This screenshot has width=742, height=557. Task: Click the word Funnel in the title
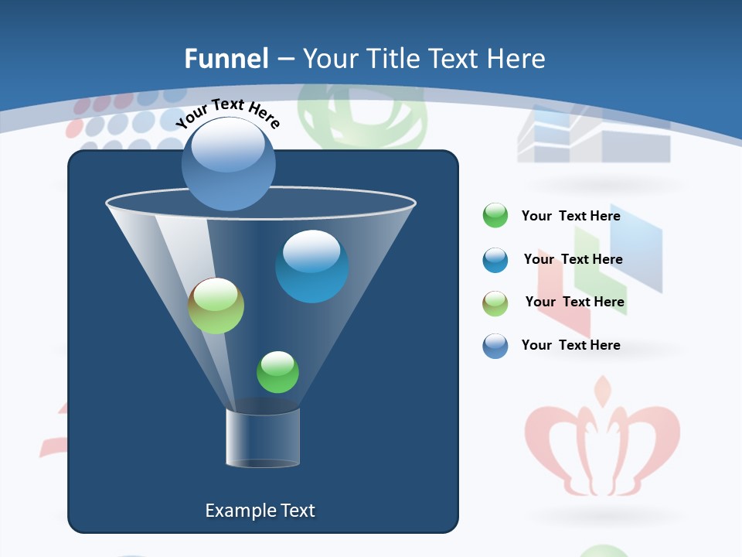tap(226, 59)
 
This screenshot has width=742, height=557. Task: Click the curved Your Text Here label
tap(227, 113)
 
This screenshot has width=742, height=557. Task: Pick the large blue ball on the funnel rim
tap(229, 164)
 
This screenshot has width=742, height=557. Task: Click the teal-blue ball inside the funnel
tap(311, 266)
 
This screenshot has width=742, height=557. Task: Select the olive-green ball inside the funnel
tap(216, 306)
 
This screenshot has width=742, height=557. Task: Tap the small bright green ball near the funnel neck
tap(277, 371)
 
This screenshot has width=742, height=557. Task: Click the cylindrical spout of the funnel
tap(263, 439)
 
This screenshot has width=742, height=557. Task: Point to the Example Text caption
tap(260, 511)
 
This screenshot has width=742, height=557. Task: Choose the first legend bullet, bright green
tap(495, 216)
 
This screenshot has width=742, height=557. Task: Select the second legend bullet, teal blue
tap(495, 260)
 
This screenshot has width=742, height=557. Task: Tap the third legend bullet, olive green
tap(495, 303)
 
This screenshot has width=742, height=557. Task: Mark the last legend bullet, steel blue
tap(495, 346)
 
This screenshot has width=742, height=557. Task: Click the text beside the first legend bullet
tap(571, 216)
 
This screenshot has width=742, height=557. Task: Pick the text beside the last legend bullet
tap(571, 345)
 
